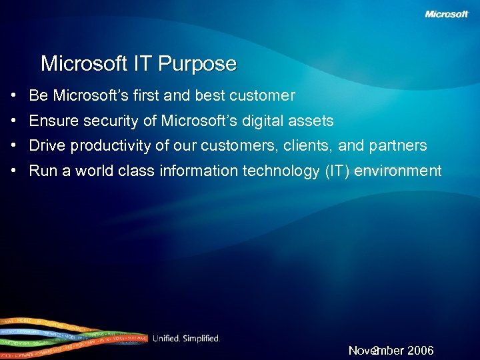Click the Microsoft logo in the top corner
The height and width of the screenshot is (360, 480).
[447, 14]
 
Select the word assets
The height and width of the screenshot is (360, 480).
[313, 121]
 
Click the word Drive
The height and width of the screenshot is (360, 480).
[47, 145]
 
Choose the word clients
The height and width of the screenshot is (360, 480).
[312, 145]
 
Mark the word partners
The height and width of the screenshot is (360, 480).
[399, 145]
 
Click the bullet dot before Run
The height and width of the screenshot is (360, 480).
[13, 171]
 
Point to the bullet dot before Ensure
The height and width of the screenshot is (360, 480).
[13, 121]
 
